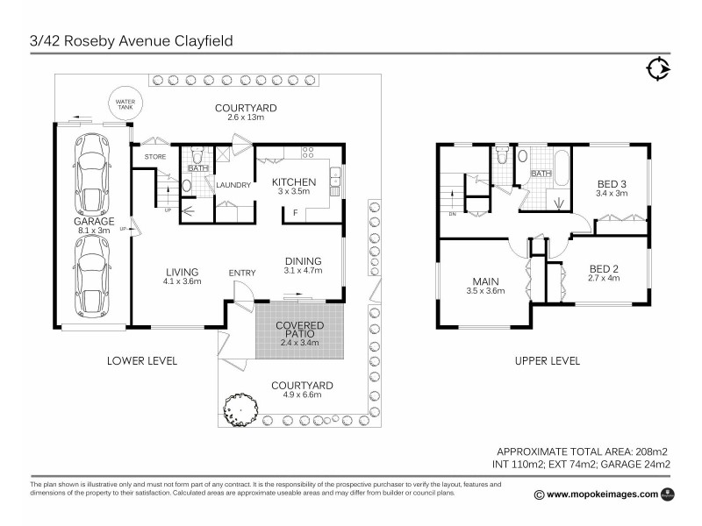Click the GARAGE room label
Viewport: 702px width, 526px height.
[x=94, y=222]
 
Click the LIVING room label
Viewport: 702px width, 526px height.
[x=182, y=272]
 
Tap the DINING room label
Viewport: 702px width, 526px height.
[x=303, y=260]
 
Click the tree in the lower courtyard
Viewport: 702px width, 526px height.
[x=241, y=408]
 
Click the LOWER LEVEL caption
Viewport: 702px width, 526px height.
[x=142, y=360]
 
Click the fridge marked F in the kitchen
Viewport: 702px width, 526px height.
[x=295, y=212]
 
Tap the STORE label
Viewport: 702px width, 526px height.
[x=155, y=157]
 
